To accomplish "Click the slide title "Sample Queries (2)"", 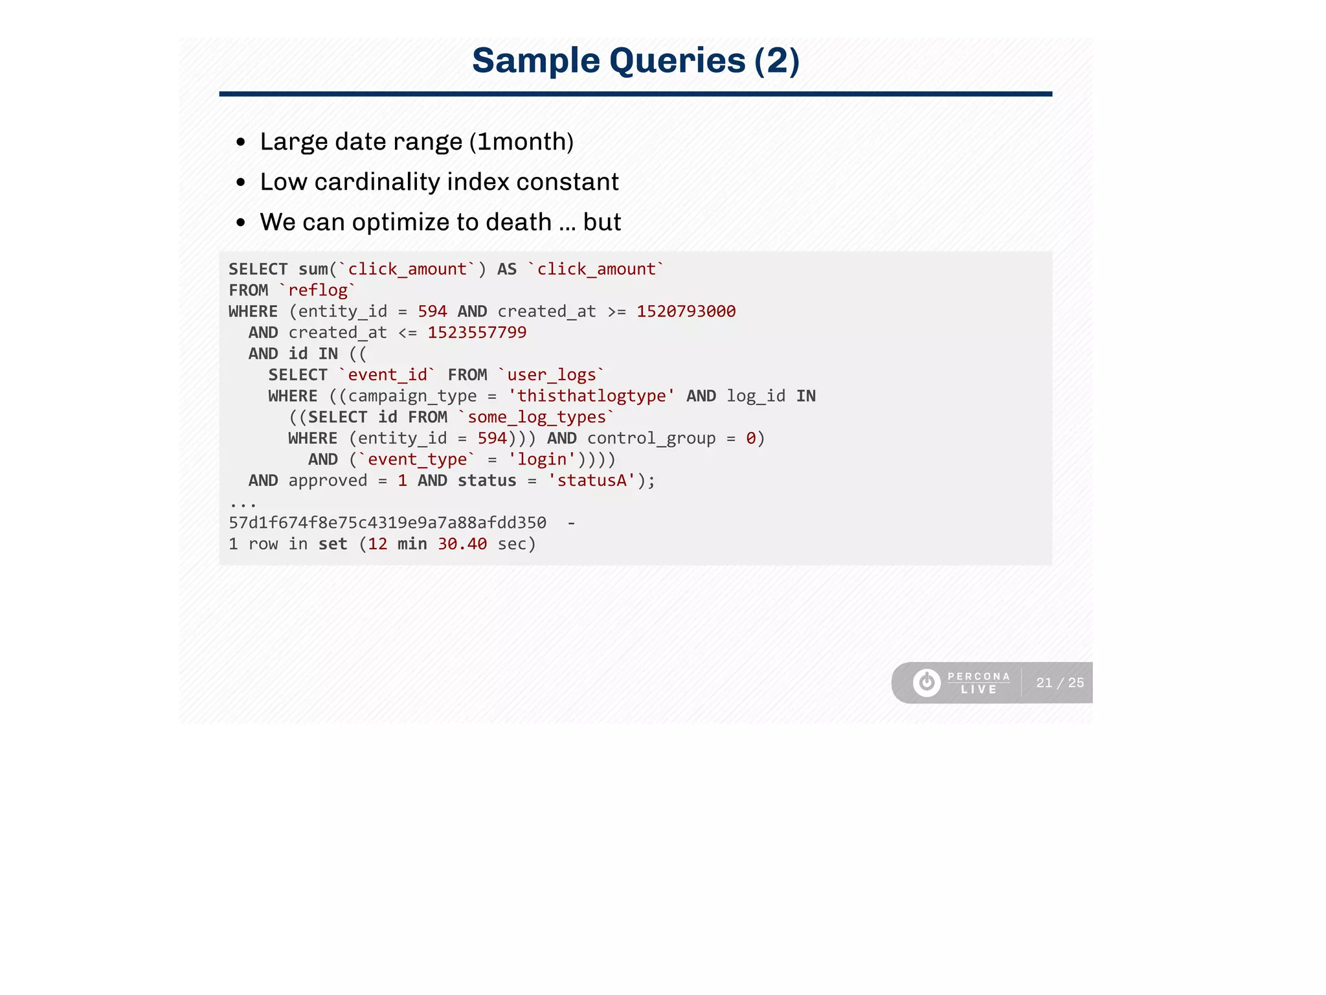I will pyautogui.click(x=635, y=61).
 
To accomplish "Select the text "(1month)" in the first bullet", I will pyautogui.click(x=521, y=142).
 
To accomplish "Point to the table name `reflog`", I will pyautogui.click(x=318, y=290).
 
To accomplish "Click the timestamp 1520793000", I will pyautogui.click(x=686, y=312).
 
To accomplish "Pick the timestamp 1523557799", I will pyautogui.click(x=477, y=333).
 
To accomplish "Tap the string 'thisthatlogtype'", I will pyautogui.click(x=591, y=396).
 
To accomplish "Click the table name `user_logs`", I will pyautogui.click(x=551, y=375).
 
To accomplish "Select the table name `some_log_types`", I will pyautogui.click(x=536, y=417).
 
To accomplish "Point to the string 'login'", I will pyautogui.click(x=542, y=459).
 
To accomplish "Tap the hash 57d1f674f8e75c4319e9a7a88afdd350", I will pyautogui.click(x=387, y=523).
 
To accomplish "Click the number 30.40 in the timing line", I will pyautogui.click(x=462, y=544).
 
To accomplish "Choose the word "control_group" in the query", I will pyautogui.click(x=651, y=439).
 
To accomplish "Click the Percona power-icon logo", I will pyautogui.click(x=927, y=683).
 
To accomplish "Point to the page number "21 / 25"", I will pyautogui.click(x=1060, y=683).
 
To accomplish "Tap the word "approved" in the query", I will pyautogui.click(x=328, y=481).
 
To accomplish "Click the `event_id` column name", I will pyautogui.click(x=387, y=375).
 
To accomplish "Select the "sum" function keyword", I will pyautogui.click(x=313, y=269).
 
